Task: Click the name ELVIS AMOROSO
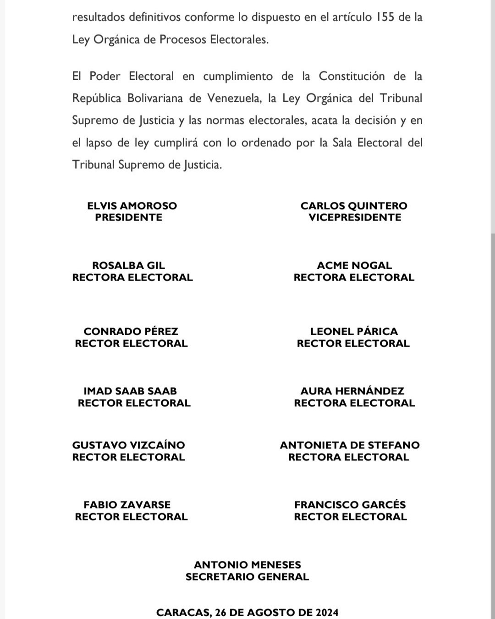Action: click(x=132, y=206)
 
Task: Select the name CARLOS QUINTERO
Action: click(x=354, y=206)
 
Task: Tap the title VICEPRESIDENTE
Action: click(x=355, y=218)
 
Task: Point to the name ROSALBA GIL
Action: click(x=128, y=265)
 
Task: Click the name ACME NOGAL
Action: click(x=354, y=265)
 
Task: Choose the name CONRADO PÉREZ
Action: click(x=131, y=332)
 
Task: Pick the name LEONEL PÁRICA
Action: click(x=354, y=332)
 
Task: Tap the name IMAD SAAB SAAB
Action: click(x=130, y=391)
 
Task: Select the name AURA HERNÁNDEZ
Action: click(x=352, y=391)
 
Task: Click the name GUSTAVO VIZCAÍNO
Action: click(x=128, y=445)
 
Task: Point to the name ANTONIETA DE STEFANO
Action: click(x=350, y=445)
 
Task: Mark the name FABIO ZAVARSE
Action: click(x=127, y=505)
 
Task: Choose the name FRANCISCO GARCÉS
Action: click(x=350, y=505)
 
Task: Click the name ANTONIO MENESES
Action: click(x=247, y=565)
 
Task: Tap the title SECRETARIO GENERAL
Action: click(x=247, y=577)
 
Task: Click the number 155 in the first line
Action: click(x=385, y=17)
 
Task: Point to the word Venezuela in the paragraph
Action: click(x=233, y=99)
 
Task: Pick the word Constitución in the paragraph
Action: click(x=352, y=76)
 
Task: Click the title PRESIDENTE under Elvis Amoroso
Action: click(x=129, y=218)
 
